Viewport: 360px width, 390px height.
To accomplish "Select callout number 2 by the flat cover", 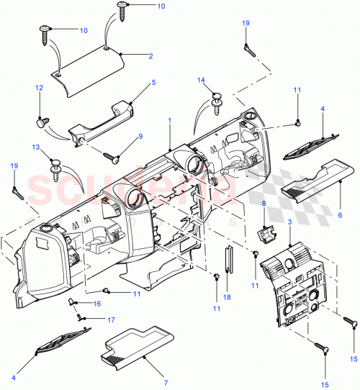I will tap(150, 55).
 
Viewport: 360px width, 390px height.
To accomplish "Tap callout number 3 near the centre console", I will tap(289, 225).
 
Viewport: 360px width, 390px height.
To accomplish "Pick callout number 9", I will tap(140, 135).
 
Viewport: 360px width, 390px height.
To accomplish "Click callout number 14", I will tap(202, 81).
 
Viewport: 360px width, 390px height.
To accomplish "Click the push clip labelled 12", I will tap(42, 122).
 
